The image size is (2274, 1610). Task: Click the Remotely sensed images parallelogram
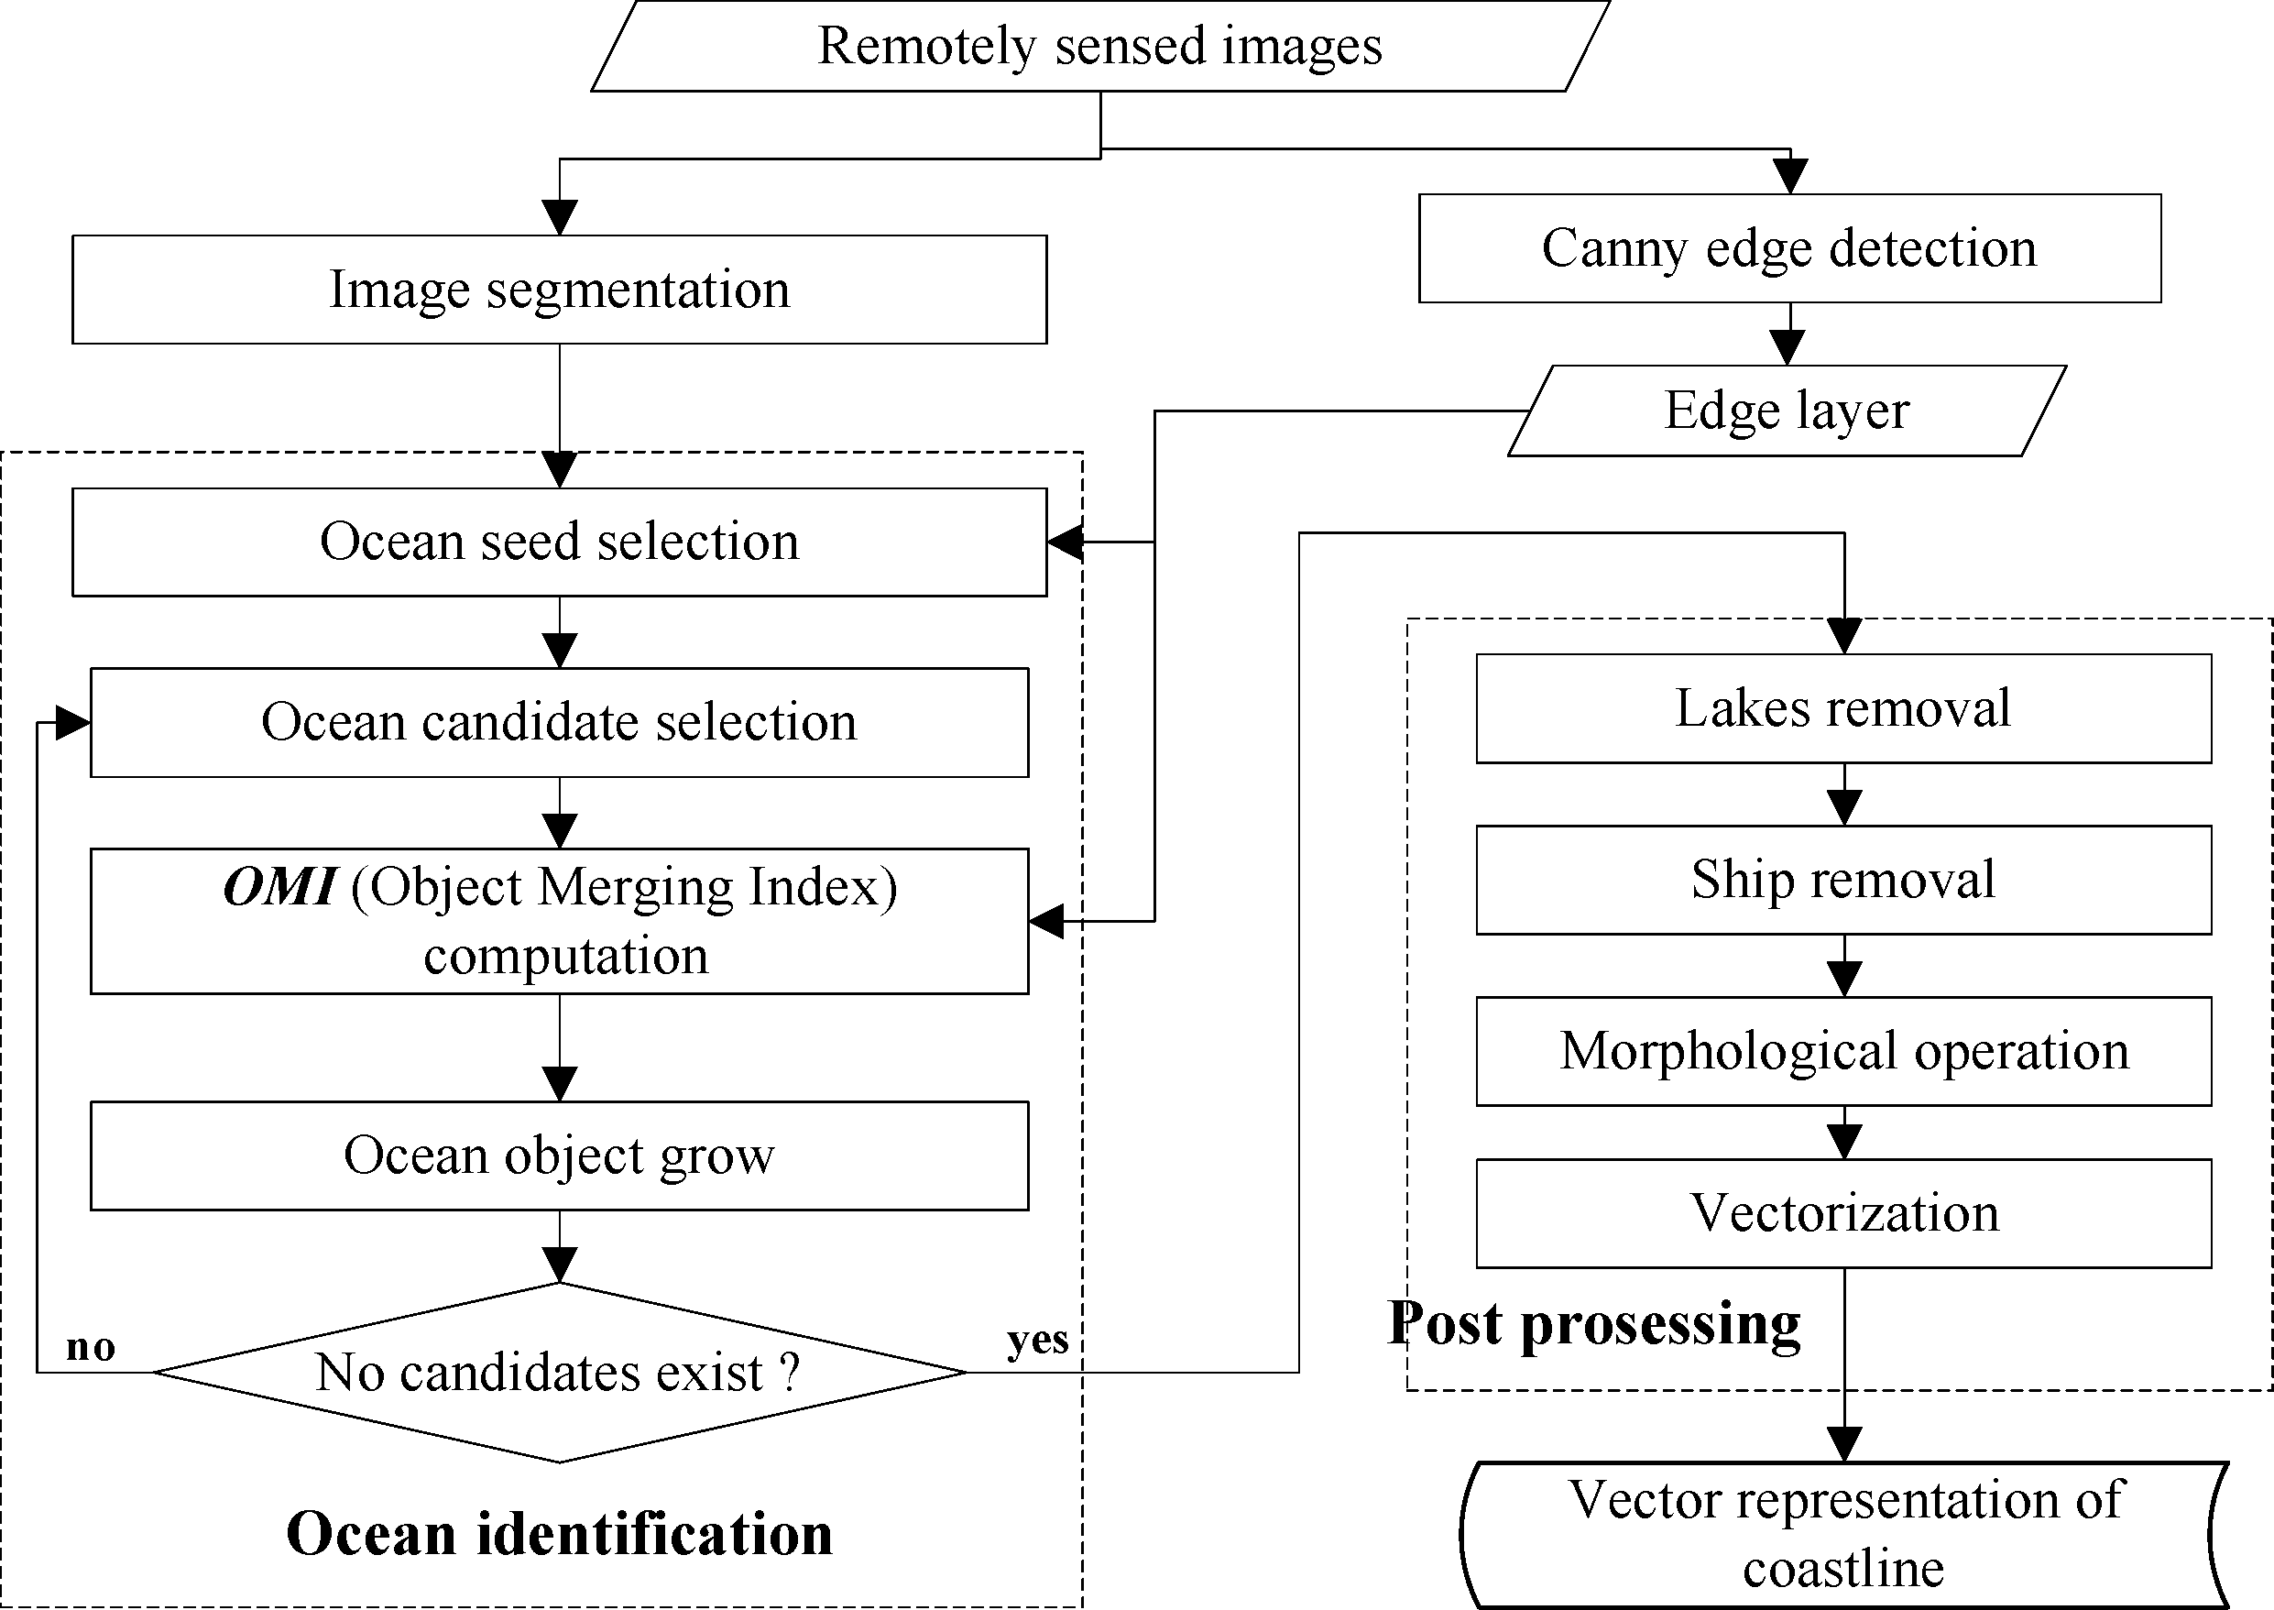[x=1099, y=47]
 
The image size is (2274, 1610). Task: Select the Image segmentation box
[x=559, y=290]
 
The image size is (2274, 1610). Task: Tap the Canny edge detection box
[x=1789, y=247]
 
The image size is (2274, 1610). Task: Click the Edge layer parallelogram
[x=1787, y=411]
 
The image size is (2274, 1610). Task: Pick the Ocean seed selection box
[x=559, y=542]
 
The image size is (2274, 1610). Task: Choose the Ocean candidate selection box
[x=559, y=723]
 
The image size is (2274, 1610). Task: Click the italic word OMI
[x=279, y=886]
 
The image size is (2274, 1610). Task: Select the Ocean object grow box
[x=559, y=1155]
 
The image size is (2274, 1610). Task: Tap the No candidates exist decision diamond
[x=559, y=1373]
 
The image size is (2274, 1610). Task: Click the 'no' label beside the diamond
[x=90, y=1346]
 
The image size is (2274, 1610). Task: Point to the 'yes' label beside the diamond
[x=1037, y=1340]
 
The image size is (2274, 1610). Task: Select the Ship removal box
[x=1842, y=881]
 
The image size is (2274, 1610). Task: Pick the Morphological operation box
[x=1842, y=1052]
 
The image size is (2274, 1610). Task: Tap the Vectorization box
[x=1842, y=1213]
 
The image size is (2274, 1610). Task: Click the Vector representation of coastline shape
[x=1842, y=1535]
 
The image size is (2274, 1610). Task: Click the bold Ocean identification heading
[x=559, y=1534]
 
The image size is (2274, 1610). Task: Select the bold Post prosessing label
[x=1593, y=1323]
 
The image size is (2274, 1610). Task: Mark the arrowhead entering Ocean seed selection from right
[x=1065, y=542]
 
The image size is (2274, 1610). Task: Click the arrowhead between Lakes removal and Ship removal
[x=1843, y=808]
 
